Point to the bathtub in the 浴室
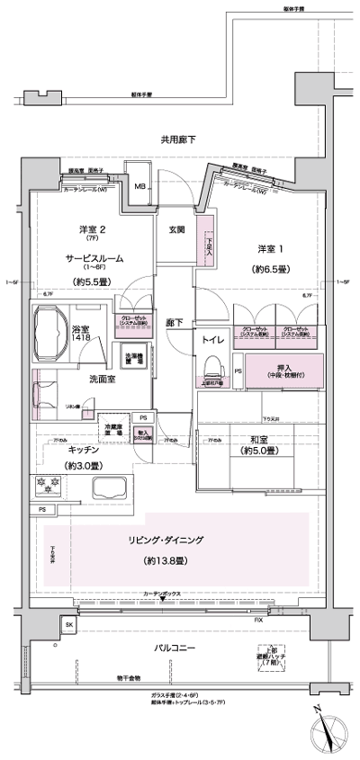pos(57,323)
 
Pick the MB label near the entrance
pos(140,187)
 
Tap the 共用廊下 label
pos(178,139)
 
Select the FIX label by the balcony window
pos(258,621)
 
